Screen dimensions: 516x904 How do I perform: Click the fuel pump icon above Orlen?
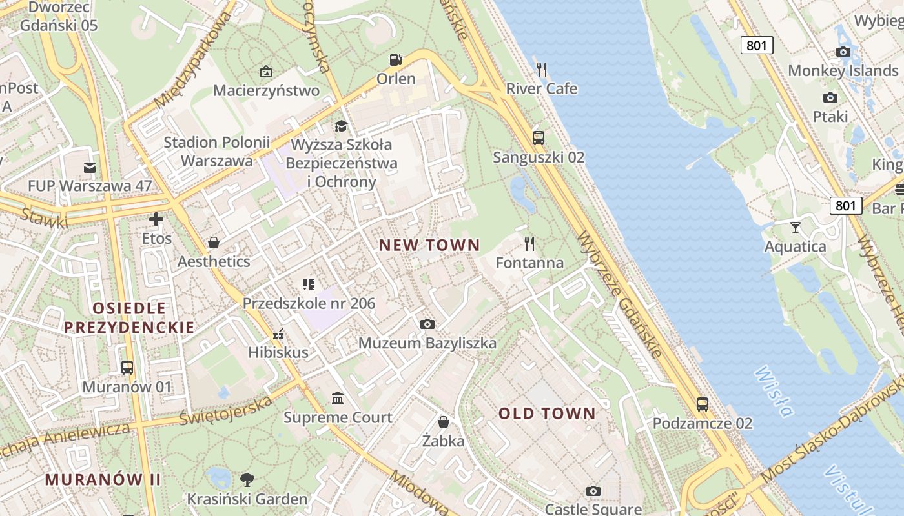[x=395, y=60]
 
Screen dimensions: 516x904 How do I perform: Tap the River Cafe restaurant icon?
[x=542, y=69]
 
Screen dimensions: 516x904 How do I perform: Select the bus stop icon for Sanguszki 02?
[x=538, y=137]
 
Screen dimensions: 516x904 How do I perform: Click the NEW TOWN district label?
[x=429, y=245]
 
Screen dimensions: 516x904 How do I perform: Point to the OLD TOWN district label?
[x=547, y=413]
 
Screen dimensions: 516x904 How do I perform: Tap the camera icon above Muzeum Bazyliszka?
[x=427, y=324]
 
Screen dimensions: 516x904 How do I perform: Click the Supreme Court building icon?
[x=338, y=398]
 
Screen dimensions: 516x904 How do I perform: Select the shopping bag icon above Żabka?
[x=444, y=422]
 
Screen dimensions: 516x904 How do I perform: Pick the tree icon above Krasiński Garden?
[x=247, y=479]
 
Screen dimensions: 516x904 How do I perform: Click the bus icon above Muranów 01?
[x=127, y=368]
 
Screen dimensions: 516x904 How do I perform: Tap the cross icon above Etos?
[x=156, y=219]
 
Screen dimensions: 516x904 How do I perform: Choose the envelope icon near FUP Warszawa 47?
[x=90, y=168]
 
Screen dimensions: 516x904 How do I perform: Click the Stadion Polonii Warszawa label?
[x=217, y=151]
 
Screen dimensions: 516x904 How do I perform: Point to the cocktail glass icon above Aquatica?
[x=796, y=227]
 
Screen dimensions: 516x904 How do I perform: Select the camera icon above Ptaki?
[x=830, y=97]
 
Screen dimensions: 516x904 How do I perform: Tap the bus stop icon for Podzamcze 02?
[x=702, y=404]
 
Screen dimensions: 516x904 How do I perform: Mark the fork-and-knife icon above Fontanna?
[x=529, y=243]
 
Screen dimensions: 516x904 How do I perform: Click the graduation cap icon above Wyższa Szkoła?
[x=340, y=125]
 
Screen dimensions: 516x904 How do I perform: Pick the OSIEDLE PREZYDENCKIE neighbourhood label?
[x=129, y=317]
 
